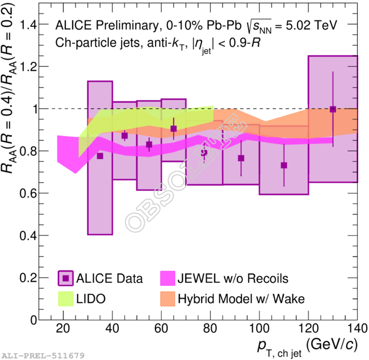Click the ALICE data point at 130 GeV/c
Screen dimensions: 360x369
(x=333, y=109)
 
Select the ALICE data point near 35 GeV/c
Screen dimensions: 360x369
(x=100, y=156)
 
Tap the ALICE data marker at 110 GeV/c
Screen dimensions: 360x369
(x=284, y=165)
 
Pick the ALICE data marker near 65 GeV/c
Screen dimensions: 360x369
(x=174, y=129)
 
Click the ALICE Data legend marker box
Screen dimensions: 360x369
(x=67, y=278)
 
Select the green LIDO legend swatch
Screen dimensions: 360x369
(x=67, y=298)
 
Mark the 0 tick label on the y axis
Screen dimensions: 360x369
(x=33, y=320)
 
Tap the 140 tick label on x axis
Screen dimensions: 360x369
(x=356, y=329)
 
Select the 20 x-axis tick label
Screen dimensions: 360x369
(x=63, y=329)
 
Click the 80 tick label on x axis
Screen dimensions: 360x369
(x=209, y=329)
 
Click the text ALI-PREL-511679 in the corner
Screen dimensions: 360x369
(x=43, y=355)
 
